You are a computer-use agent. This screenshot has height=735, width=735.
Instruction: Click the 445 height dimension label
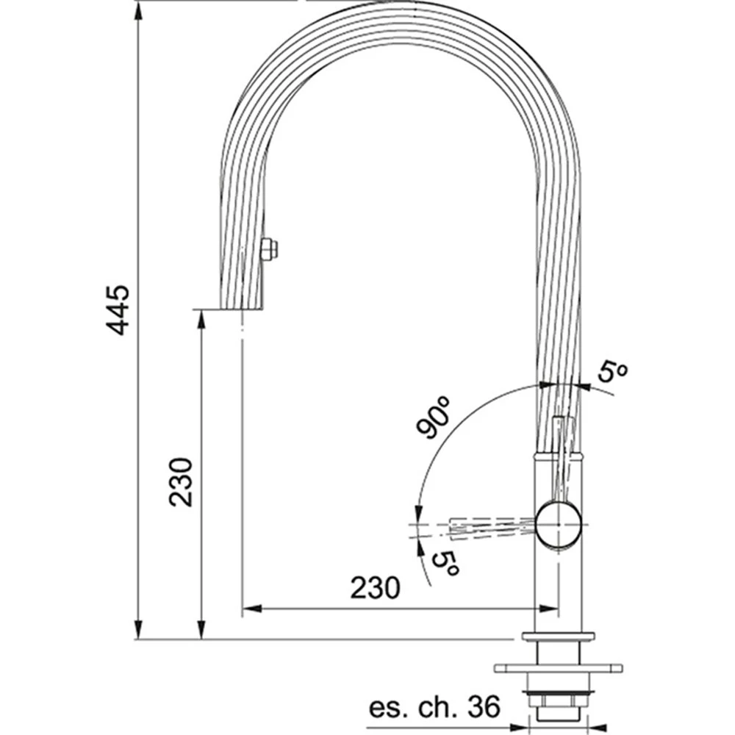coord(117,310)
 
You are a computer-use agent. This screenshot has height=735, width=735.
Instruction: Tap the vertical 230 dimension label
coord(181,482)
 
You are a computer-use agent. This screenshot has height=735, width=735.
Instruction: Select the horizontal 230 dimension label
coord(376,588)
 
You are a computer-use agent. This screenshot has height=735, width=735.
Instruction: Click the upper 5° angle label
coord(612,373)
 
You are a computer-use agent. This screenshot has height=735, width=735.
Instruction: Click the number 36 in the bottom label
coord(484,707)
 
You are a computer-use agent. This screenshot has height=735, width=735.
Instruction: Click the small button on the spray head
coord(268,248)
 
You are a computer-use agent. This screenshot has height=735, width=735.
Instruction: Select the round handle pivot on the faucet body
coord(559,523)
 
